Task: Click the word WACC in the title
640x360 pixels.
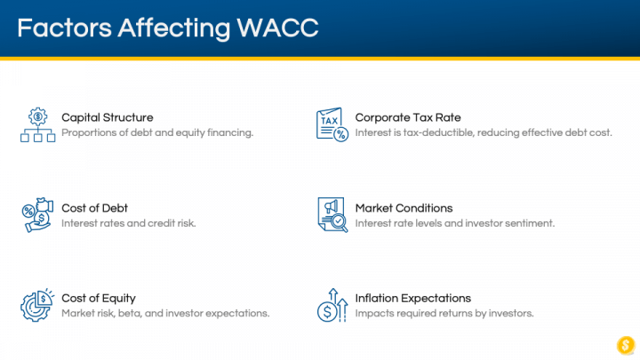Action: click(x=277, y=28)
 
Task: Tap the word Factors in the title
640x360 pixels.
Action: click(x=64, y=28)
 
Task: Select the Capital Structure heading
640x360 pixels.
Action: click(x=108, y=117)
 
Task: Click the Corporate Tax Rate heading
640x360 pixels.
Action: click(x=408, y=117)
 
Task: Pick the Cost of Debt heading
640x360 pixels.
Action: click(x=95, y=208)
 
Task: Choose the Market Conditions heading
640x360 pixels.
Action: click(x=404, y=208)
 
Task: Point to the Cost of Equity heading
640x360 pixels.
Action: click(x=99, y=299)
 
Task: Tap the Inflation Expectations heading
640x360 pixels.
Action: click(x=412, y=299)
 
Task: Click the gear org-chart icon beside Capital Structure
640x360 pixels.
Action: click(x=38, y=125)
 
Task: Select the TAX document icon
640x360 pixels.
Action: click(x=332, y=124)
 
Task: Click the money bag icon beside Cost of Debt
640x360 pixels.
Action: click(x=37, y=215)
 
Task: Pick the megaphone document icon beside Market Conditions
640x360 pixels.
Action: click(x=332, y=215)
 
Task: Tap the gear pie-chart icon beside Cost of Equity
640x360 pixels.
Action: click(x=37, y=305)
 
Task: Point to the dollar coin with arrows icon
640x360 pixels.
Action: click(x=332, y=305)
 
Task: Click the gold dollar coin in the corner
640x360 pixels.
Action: click(x=626, y=345)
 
